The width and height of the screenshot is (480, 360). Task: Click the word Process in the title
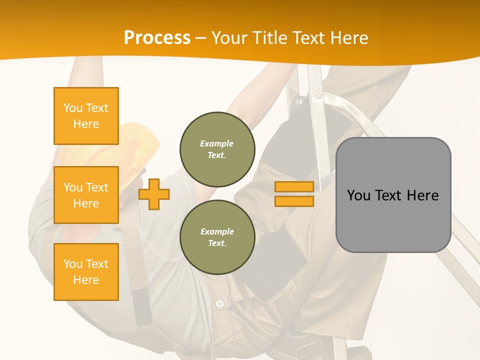point(157,38)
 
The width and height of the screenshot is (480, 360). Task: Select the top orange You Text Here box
point(86,116)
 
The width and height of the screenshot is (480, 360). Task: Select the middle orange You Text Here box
point(86,195)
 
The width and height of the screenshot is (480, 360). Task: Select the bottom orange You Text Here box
point(86,272)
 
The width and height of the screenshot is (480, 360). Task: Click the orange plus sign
point(154,194)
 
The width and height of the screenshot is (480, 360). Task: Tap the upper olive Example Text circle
point(217,149)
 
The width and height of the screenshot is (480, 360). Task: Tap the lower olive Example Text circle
point(217,237)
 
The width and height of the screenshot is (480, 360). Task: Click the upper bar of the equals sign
point(294,187)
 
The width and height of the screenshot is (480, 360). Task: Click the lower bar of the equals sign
point(294,201)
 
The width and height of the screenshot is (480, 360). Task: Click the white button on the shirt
point(219,303)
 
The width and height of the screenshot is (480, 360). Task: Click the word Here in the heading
point(349,38)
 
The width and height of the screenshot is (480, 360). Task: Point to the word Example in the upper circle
point(217,143)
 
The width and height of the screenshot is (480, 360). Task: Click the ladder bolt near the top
point(319,95)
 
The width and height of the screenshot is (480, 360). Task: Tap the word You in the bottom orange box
point(72,264)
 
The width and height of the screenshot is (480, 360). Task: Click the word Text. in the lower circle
point(217,243)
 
